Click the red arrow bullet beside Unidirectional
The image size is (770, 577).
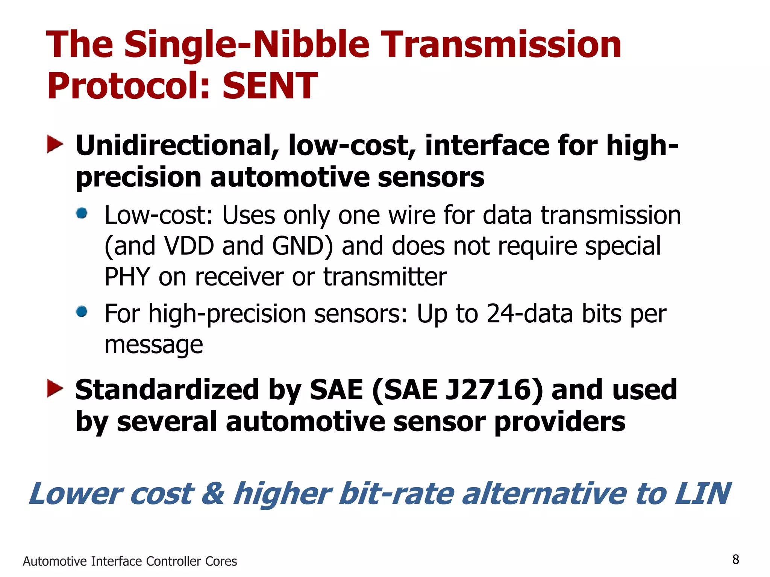tap(55, 145)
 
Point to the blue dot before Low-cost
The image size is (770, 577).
tap(82, 213)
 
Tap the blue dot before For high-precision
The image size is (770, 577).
tap(82, 312)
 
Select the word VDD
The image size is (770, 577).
tap(189, 246)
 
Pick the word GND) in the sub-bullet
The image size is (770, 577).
tap(303, 246)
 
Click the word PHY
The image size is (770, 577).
tap(127, 276)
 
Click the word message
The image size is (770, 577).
tap(154, 345)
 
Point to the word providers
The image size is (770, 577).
tap(560, 421)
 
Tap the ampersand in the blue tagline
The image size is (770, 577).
tap(213, 494)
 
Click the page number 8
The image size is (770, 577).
tap(736, 559)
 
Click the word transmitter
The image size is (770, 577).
tap(385, 276)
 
